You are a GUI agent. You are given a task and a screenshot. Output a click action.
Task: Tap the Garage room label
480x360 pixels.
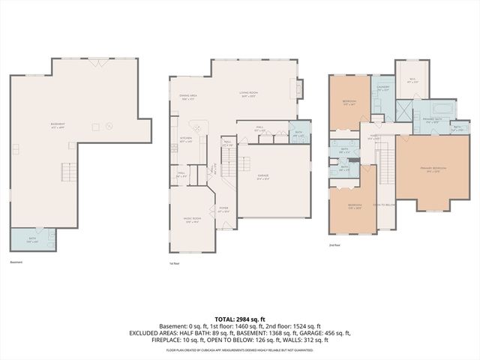coord(263,178)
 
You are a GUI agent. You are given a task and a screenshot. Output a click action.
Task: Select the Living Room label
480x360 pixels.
coord(248,94)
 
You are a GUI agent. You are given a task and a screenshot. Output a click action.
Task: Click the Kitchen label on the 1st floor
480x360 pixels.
coord(186,140)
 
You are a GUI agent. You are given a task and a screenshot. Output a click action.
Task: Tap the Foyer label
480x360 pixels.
coord(223,210)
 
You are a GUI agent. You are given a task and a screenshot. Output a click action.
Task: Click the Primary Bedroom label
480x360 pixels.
coord(435,169)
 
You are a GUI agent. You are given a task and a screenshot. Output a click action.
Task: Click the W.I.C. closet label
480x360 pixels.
coord(412,80)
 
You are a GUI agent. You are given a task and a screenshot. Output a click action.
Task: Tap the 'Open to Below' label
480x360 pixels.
coord(384,205)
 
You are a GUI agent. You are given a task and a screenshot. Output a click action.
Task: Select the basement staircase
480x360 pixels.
coord(68,175)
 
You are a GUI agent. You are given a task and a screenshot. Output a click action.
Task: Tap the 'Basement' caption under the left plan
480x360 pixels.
coord(16,262)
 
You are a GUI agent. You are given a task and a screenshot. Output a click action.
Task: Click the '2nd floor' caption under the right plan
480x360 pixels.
coord(334,245)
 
